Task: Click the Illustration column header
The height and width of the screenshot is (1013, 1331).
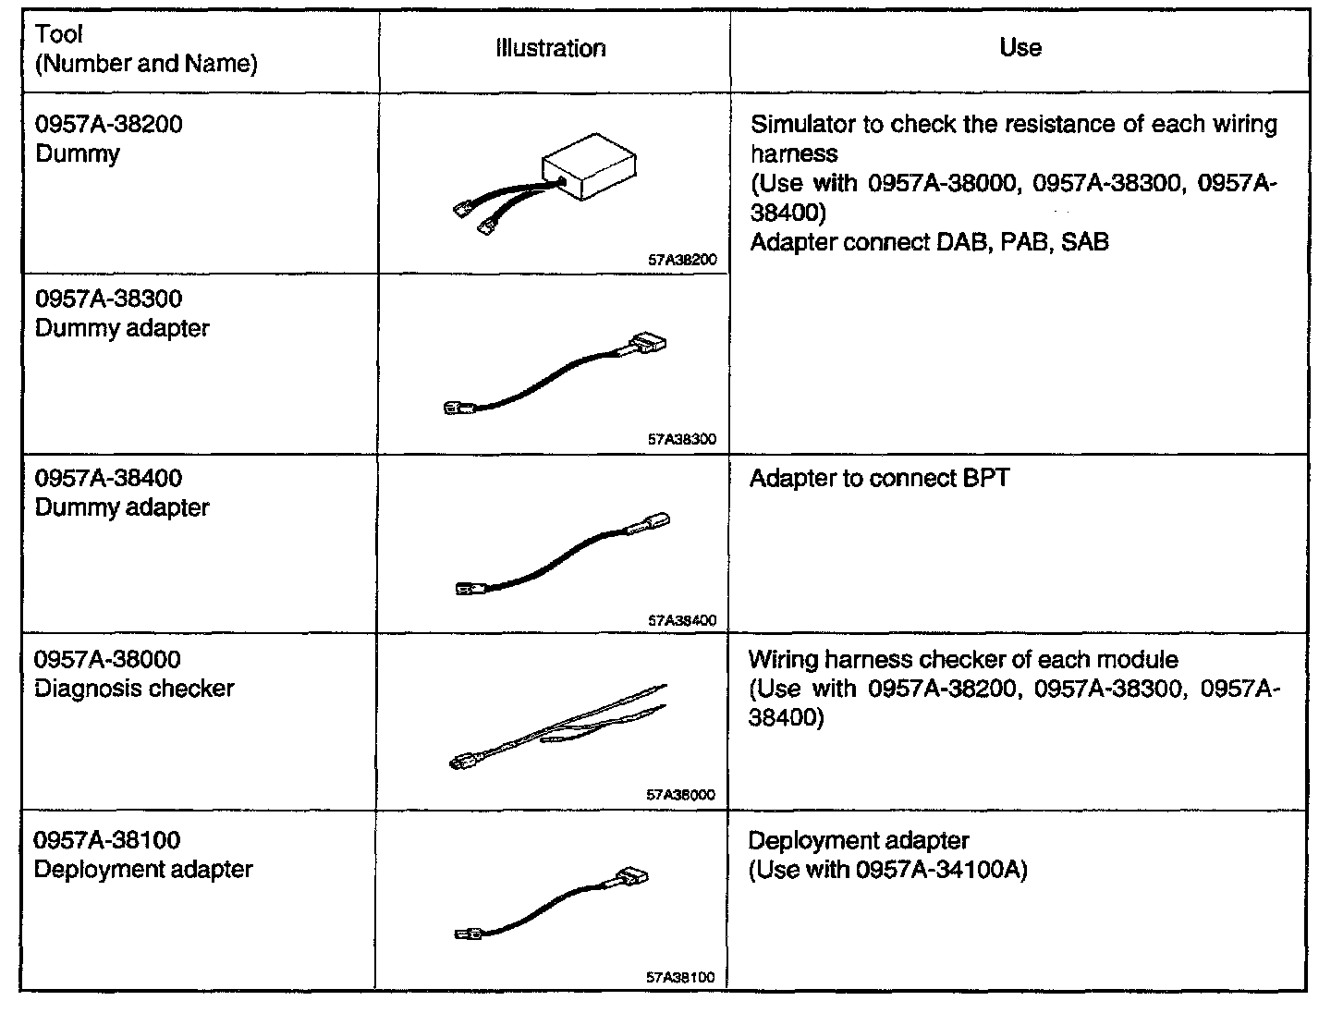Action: [x=551, y=49]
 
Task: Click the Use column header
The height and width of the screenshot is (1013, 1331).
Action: [x=1020, y=48]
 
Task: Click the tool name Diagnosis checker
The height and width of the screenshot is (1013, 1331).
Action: [x=134, y=689]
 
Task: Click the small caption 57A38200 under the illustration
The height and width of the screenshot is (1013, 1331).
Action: [x=682, y=260]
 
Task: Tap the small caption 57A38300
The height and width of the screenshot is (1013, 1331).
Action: [x=682, y=440]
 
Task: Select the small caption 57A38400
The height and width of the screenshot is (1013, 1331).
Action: [x=682, y=621]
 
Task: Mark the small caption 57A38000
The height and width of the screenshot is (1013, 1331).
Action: [x=681, y=795]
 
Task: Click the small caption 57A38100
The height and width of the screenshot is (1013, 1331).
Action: [x=680, y=977]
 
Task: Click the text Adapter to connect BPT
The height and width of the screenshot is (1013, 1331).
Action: [x=879, y=479]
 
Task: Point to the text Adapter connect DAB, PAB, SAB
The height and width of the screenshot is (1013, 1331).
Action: [x=929, y=242]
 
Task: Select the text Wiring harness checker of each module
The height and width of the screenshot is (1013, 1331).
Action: [x=963, y=660]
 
